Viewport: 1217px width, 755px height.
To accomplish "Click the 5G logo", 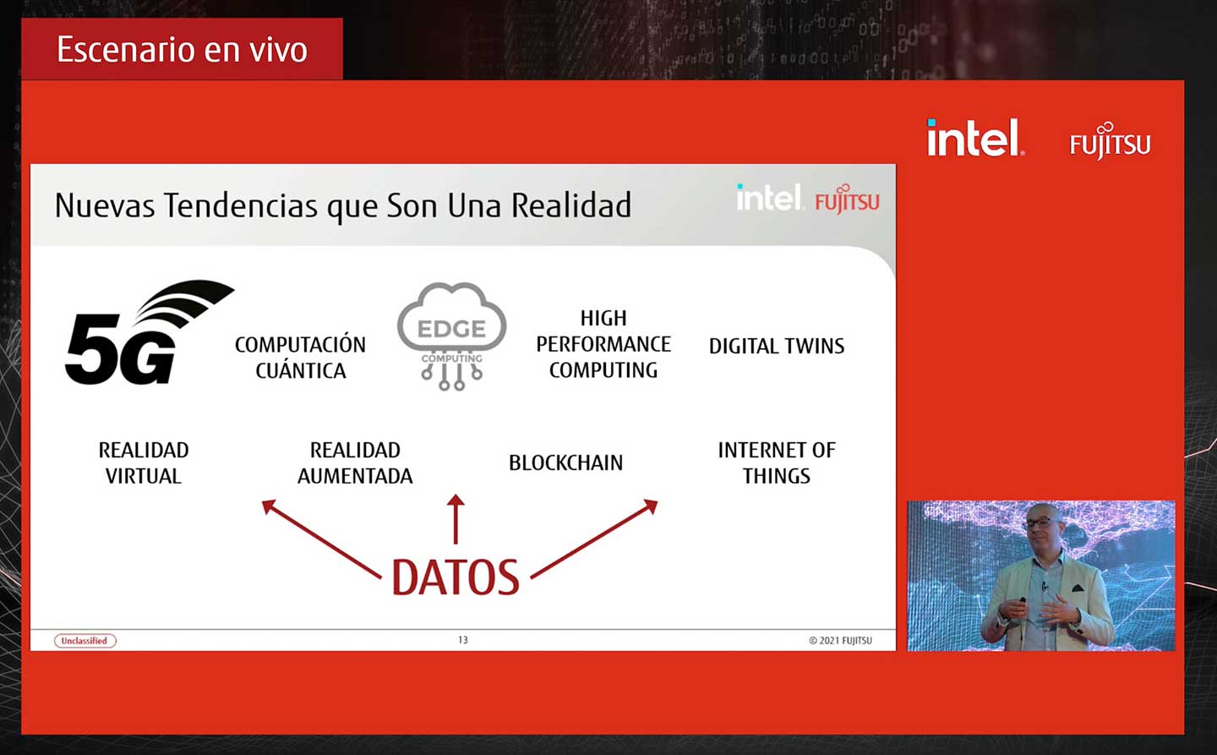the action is [x=150, y=332].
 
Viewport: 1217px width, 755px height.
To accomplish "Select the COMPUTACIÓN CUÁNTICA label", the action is [x=301, y=358].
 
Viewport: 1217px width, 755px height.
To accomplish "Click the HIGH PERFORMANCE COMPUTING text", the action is [x=603, y=344].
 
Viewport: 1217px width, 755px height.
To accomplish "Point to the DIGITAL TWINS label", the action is [x=777, y=347].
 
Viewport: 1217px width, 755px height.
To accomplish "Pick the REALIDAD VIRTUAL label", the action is [x=144, y=463].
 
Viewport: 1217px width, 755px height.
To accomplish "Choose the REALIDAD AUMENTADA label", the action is [x=355, y=463].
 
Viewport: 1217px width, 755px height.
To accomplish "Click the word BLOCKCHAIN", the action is [x=565, y=463].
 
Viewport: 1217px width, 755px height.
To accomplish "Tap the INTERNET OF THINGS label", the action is [x=777, y=463].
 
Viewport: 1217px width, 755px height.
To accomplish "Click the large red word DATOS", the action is [x=456, y=577].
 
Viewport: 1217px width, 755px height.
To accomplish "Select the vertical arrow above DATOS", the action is [x=456, y=519].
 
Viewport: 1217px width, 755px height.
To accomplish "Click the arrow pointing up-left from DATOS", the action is [x=321, y=539].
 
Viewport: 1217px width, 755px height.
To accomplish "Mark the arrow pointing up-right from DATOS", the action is [x=594, y=539].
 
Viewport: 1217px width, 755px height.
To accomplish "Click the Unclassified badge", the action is [x=85, y=641].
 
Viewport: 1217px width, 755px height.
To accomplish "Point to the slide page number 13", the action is [x=463, y=640].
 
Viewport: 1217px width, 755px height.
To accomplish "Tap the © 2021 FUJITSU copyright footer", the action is [x=840, y=641].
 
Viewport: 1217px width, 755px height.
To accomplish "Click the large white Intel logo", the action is [x=975, y=138].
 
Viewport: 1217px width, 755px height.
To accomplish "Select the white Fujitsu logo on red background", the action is [x=1110, y=141].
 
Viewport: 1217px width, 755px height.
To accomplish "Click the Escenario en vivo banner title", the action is [x=182, y=50].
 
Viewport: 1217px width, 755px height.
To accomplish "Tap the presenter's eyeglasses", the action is [x=1042, y=522].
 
